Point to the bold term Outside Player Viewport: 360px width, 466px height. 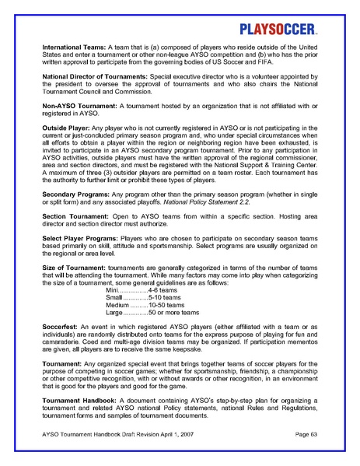point(66,147)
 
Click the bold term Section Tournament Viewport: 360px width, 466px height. point(75,237)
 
